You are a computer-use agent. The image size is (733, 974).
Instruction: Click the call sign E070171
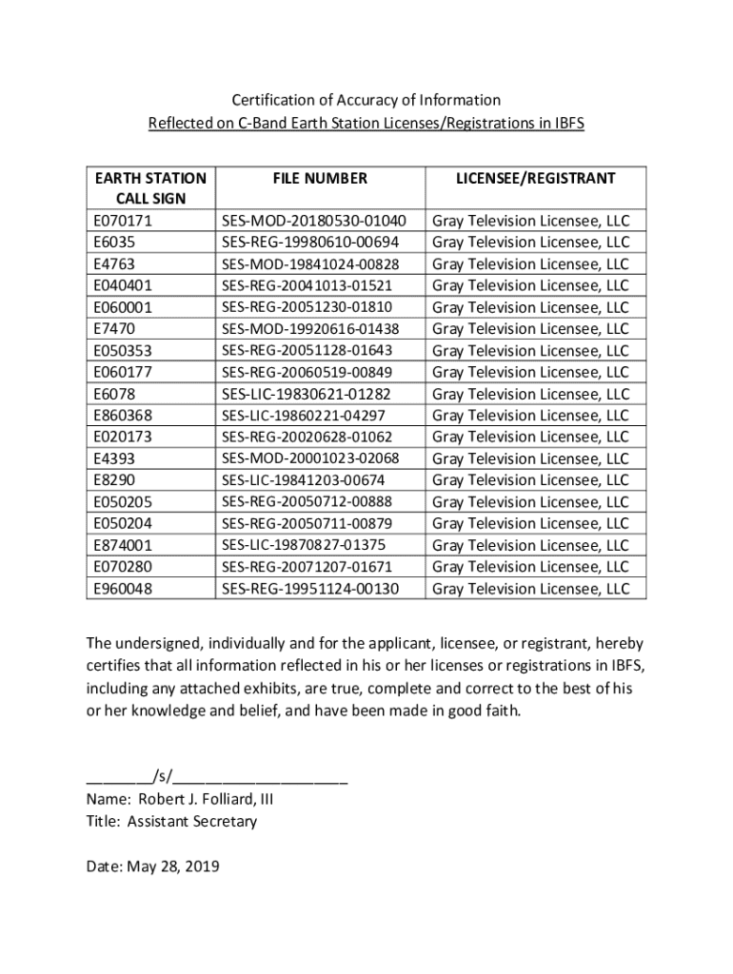tap(123, 221)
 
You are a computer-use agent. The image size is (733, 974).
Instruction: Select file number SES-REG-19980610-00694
tap(310, 243)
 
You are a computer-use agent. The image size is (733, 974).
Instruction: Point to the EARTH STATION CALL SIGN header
tap(150, 188)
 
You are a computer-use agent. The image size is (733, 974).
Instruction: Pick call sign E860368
tap(123, 415)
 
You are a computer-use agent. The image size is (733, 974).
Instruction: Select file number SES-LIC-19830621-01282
tap(306, 394)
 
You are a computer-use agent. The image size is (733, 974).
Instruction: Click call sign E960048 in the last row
tap(123, 589)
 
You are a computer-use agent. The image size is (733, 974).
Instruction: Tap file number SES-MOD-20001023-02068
tap(310, 458)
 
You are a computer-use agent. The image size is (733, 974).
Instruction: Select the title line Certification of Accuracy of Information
tap(366, 100)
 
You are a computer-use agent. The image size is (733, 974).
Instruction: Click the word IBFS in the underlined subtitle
tap(566, 123)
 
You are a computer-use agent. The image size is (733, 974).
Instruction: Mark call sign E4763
tap(114, 263)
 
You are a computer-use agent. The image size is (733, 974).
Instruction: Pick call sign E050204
tap(123, 523)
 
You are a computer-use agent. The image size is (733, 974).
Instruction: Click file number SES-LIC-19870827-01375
tap(304, 545)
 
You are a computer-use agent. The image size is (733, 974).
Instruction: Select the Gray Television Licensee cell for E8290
tap(530, 480)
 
